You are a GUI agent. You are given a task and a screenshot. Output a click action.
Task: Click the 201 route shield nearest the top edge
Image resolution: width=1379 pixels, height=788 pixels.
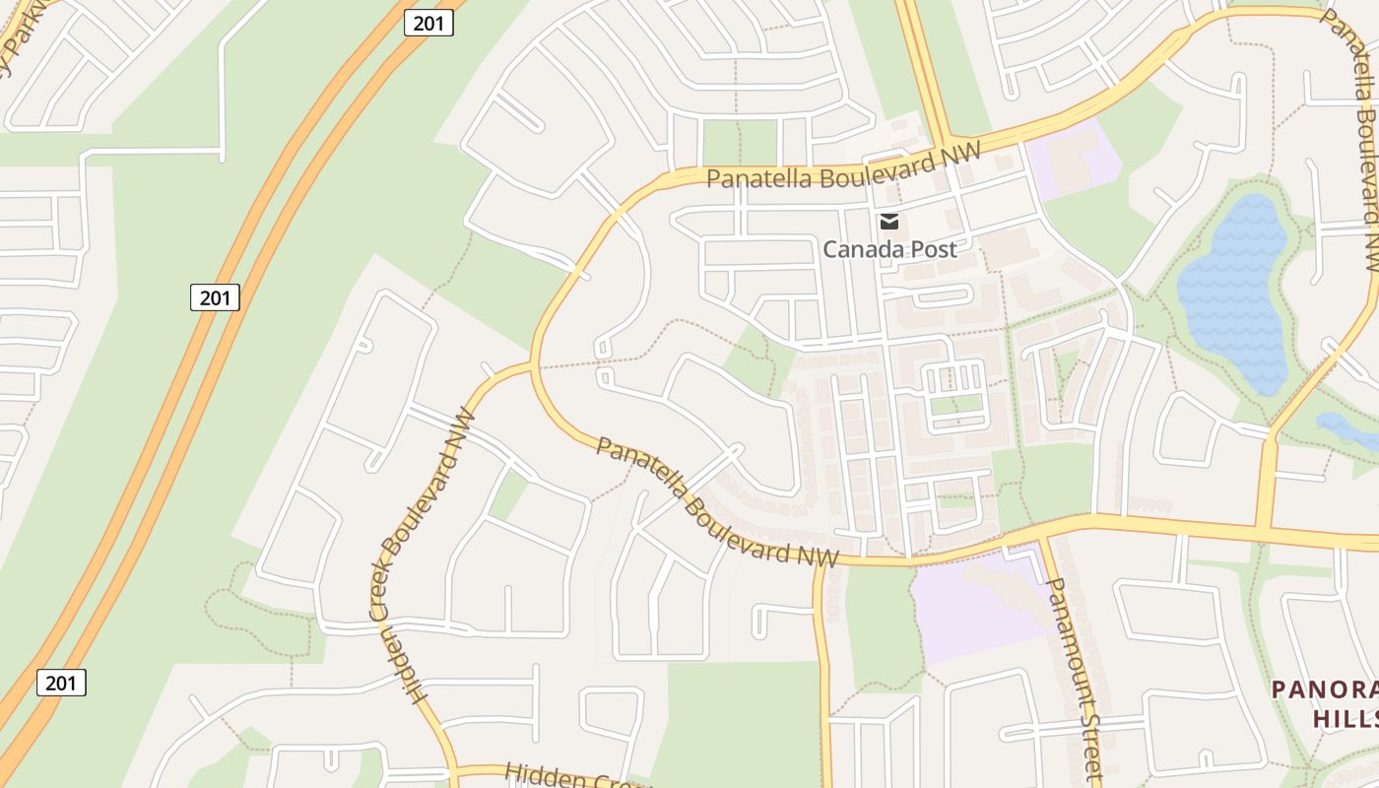pyautogui.click(x=428, y=23)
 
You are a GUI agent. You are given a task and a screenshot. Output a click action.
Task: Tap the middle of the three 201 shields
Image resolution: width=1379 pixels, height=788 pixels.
pyautogui.click(x=215, y=296)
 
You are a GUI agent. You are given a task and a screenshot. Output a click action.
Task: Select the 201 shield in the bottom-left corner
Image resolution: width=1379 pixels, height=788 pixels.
pyautogui.click(x=61, y=682)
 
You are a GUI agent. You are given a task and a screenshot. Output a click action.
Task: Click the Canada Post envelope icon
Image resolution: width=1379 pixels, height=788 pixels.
pyautogui.click(x=889, y=221)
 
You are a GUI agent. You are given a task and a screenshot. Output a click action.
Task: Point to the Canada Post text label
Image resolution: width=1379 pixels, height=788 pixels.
pyautogui.click(x=889, y=249)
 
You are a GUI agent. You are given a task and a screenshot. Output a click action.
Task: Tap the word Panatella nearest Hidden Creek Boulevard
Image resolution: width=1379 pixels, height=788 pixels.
pyautogui.click(x=640, y=466)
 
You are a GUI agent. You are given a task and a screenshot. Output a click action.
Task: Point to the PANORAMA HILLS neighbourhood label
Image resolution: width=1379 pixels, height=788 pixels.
pyautogui.click(x=1325, y=702)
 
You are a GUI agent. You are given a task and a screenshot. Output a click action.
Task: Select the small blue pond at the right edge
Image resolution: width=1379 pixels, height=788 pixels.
pyautogui.click(x=1347, y=429)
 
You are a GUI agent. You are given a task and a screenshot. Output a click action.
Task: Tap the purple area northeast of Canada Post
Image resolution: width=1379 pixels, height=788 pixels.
pyautogui.click(x=1074, y=158)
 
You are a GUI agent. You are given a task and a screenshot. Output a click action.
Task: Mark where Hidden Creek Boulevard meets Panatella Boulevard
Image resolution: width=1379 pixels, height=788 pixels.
pyautogui.click(x=533, y=365)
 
